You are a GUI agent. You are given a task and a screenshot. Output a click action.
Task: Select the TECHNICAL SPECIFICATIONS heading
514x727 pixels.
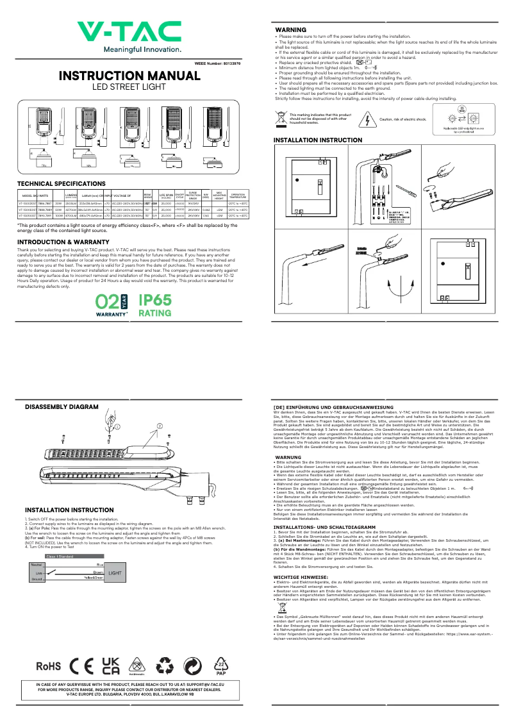(62, 184)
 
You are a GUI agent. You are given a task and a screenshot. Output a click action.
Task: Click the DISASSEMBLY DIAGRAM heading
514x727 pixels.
(62, 407)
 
